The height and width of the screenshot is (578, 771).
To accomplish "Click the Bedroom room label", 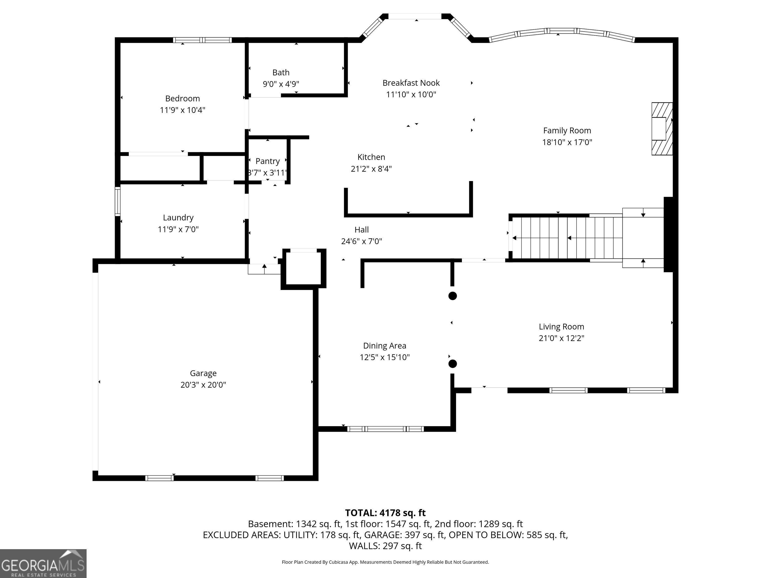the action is click(182, 99).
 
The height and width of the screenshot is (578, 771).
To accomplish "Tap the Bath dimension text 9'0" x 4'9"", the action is click(281, 84).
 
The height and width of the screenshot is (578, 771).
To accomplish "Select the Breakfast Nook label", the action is click(411, 83).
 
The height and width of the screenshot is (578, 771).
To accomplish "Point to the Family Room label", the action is click(567, 131).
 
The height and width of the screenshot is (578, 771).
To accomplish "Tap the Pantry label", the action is click(268, 161).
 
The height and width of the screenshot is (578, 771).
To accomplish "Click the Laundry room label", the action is click(178, 218).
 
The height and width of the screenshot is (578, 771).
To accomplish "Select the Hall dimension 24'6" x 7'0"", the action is click(361, 241).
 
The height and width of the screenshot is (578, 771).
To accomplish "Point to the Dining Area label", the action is click(384, 346).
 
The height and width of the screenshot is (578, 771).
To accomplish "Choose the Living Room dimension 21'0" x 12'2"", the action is click(561, 338).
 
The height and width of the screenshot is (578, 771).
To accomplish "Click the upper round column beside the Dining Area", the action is click(453, 296).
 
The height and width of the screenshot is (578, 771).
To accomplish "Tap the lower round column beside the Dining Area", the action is click(453, 364).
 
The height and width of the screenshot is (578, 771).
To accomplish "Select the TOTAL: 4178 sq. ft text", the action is click(385, 513).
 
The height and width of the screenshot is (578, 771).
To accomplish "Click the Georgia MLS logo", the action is click(43, 564).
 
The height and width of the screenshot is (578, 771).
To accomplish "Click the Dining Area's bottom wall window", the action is click(385, 429).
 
